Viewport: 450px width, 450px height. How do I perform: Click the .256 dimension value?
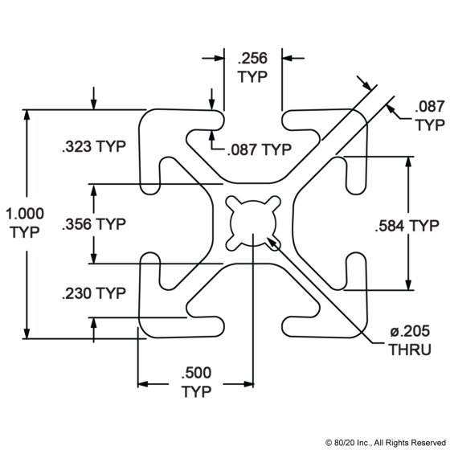[252, 58]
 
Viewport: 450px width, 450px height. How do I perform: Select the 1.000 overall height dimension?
[25, 214]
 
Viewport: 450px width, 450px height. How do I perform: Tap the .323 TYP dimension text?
[94, 146]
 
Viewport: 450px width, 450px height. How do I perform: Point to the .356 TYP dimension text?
[94, 224]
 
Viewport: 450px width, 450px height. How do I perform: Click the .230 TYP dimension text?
[94, 293]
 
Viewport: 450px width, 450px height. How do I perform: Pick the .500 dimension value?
[196, 373]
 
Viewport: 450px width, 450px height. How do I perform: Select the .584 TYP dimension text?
[407, 226]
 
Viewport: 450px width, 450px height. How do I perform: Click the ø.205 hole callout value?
[410, 331]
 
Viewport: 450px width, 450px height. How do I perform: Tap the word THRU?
[410, 350]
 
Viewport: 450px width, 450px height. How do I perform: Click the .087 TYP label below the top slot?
[259, 149]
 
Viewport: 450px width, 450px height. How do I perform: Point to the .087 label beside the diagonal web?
[430, 106]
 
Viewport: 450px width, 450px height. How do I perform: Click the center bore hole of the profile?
[253, 223]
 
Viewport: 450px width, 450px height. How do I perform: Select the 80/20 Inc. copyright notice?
[386, 443]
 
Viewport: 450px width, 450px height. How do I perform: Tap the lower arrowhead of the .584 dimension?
[408, 285]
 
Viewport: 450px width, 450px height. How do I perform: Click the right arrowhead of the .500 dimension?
[248, 384]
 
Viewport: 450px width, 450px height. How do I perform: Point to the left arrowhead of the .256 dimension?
[219, 58]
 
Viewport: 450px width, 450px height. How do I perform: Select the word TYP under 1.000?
[25, 232]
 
